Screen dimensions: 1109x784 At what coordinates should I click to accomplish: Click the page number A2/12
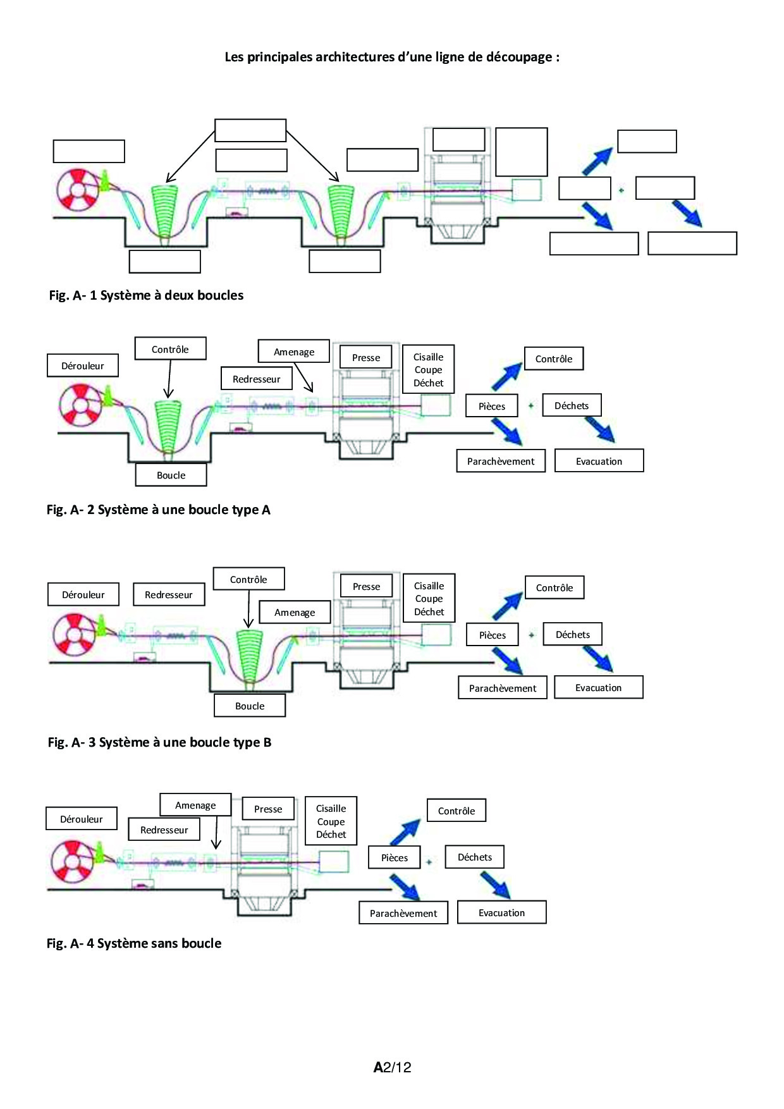(392, 1067)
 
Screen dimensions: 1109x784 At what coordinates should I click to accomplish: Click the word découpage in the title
(518, 58)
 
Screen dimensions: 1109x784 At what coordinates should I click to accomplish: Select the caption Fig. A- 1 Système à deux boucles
(146, 295)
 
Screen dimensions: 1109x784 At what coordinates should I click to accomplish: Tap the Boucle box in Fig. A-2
(171, 475)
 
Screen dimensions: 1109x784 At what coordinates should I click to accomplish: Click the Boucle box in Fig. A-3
(250, 706)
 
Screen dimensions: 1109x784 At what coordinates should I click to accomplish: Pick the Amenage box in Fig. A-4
(195, 806)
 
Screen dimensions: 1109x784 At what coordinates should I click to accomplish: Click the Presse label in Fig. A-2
(366, 358)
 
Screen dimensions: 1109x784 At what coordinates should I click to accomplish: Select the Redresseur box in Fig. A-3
(169, 595)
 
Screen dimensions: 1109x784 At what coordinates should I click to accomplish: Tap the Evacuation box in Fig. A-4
(501, 913)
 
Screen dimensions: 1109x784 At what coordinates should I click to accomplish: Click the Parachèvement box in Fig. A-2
(501, 462)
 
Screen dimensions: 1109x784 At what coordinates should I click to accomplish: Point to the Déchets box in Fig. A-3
(572, 635)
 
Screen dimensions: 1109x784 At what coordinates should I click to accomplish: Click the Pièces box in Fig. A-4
(395, 858)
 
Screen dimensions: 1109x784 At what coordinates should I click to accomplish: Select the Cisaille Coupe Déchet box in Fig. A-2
(429, 370)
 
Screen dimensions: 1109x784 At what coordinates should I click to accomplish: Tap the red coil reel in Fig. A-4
(71, 862)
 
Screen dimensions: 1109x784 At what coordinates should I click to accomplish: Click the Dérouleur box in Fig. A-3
(83, 595)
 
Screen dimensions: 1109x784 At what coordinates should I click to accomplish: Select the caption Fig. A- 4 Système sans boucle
(134, 943)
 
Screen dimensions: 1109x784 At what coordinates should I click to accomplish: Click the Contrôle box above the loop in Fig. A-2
(170, 350)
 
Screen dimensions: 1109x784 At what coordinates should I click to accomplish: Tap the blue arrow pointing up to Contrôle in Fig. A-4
(405, 832)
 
